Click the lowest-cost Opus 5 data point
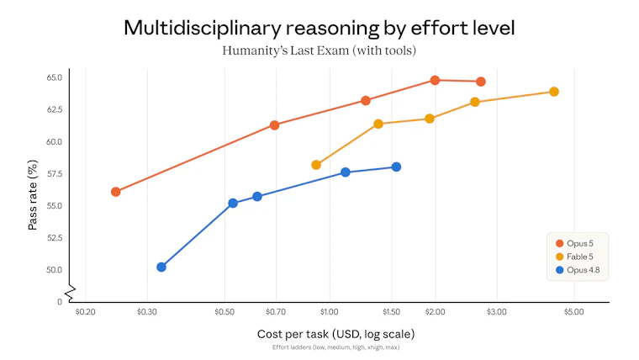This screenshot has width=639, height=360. [x=116, y=192]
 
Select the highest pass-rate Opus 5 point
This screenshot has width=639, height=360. [x=435, y=80]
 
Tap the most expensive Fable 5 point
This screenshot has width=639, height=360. [x=554, y=92]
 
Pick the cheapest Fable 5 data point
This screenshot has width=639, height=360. [x=316, y=165]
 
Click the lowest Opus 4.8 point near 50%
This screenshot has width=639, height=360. [x=161, y=267]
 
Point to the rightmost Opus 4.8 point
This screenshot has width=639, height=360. [x=396, y=167]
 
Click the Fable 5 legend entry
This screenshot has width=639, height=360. [x=574, y=257]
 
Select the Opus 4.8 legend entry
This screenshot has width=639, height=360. [x=578, y=270]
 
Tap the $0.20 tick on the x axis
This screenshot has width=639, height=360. [x=85, y=312]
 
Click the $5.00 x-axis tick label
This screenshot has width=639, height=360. [x=573, y=312]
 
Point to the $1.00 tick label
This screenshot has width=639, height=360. [x=330, y=312]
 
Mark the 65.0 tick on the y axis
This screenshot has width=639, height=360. [x=54, y=77]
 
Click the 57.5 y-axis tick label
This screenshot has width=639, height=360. [x=54, y=173]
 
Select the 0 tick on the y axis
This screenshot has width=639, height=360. [x=60, y=302]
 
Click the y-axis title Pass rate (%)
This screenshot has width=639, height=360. [x=33, y=195]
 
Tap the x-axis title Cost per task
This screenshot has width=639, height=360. [x=335, y=334]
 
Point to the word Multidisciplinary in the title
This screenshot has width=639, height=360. [x=203, y=28]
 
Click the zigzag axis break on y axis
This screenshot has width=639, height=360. [x=71, y=294]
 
